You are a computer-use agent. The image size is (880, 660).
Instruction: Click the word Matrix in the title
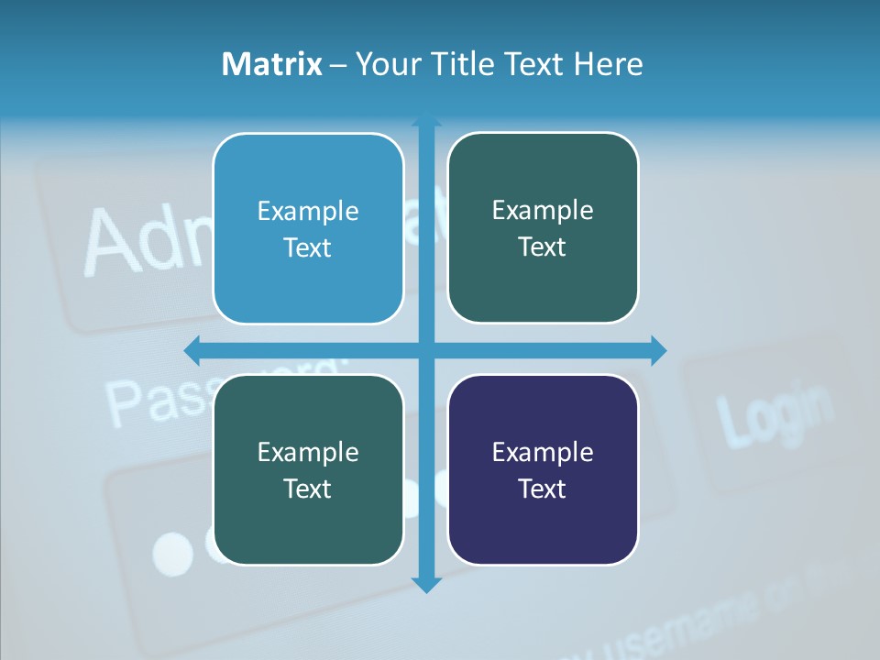point(272,64)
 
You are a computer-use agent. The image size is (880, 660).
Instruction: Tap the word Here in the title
point(609,64)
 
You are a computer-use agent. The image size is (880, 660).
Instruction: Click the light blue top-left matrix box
point(308,228)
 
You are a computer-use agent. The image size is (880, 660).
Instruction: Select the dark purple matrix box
point(543,469)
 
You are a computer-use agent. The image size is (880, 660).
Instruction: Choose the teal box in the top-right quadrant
point(543,227)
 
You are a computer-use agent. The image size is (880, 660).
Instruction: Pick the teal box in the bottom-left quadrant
point(308,469)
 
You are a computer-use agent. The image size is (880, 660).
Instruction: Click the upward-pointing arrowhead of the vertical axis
point(426,120)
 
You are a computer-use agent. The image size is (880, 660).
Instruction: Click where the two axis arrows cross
point(426,350)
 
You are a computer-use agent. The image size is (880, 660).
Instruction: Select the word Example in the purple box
point(543,452)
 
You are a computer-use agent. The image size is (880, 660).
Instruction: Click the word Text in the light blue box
point(308,248)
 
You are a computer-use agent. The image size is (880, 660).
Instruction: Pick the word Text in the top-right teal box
point(543,247)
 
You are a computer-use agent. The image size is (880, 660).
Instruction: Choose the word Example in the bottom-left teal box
point(308,452)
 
